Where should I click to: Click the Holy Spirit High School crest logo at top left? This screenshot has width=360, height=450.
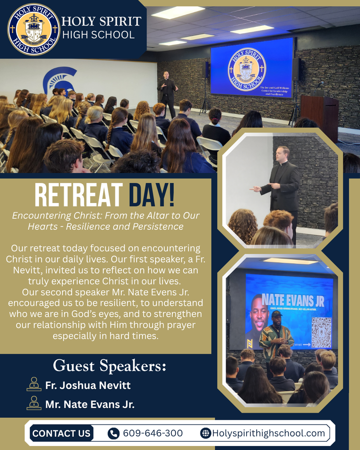point(33,29)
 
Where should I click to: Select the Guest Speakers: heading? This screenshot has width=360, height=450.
point(109,366)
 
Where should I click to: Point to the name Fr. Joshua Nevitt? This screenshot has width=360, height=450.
point(88,385)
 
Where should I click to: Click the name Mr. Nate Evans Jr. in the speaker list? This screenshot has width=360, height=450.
point(90,404)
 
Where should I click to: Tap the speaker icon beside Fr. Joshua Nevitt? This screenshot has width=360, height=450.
point(34,385)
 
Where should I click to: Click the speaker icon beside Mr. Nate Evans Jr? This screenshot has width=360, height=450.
point(34,403)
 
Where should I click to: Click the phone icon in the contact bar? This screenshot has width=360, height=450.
point(113,433)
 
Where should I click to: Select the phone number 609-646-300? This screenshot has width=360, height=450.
point(153,433)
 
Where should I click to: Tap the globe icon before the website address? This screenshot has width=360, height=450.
point(205,433)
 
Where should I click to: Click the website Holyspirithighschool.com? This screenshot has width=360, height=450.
point(269,433)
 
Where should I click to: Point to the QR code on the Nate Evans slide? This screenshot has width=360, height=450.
point(321,332)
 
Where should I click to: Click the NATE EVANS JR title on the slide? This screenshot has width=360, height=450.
point(293,301)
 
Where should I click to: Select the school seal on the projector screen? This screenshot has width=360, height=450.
point(247,69)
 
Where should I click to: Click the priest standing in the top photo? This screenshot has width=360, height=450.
point(167,94)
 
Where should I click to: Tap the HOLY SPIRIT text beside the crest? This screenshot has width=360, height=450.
point(101,21)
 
